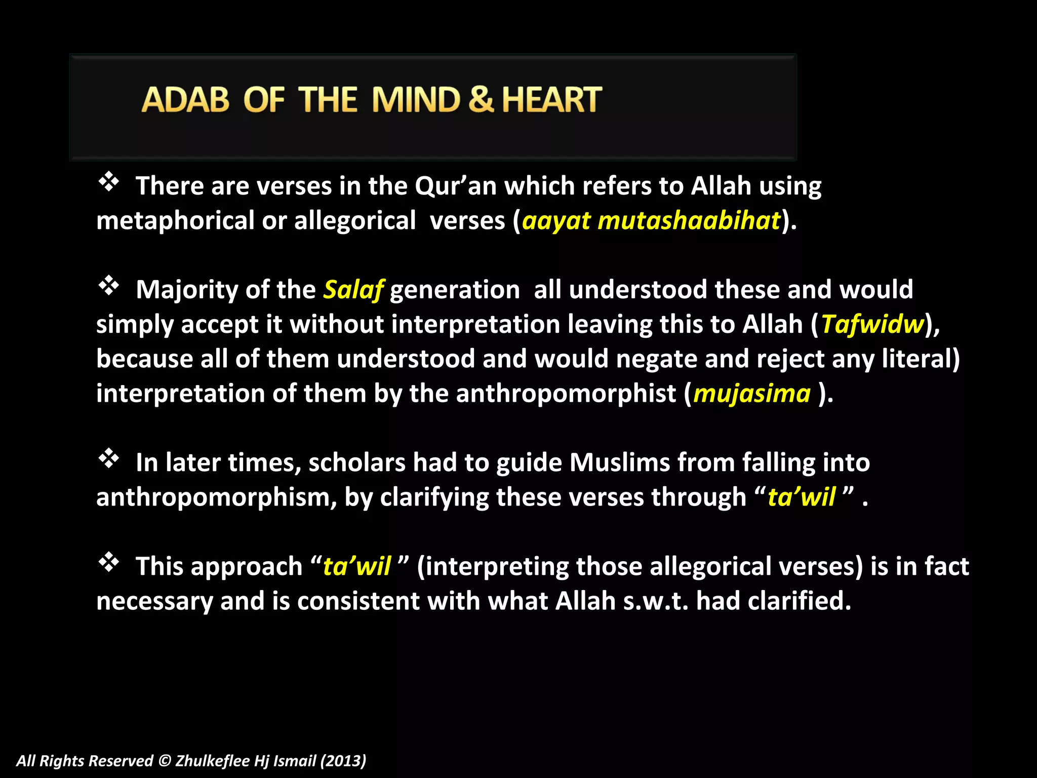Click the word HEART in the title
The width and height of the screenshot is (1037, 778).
pos(551,99)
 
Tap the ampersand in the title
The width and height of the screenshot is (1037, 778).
pos(481,99)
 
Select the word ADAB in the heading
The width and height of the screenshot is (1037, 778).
pos(185,99)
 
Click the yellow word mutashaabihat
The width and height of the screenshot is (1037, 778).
pos(689,221)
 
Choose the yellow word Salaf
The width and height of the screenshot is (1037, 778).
pos(353,290)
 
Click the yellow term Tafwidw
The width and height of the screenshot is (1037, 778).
pos(873,324)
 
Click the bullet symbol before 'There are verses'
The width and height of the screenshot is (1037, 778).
pos(108,182)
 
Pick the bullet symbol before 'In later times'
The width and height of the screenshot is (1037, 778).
pos(108,458)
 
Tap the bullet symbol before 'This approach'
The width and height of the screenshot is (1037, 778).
pos(108,562)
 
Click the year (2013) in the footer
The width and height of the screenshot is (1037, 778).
pos(343,761)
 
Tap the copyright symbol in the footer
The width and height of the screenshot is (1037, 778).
pos(165,761)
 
